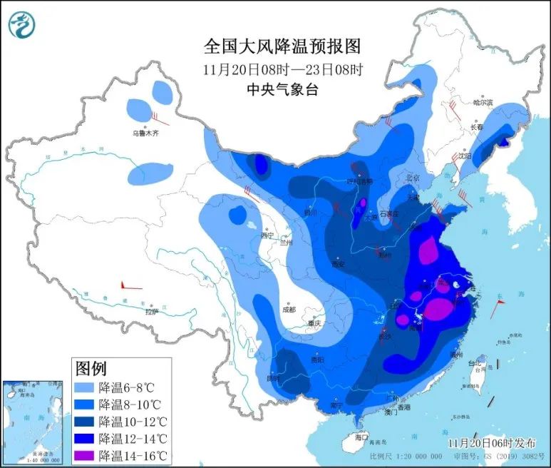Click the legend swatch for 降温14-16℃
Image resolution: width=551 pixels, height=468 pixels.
click(86, 455)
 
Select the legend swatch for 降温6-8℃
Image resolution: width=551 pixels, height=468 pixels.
click(86, 388)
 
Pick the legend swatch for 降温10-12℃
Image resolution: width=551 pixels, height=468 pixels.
click(86, 422)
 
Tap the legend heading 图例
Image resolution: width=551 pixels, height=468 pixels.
click(91, 369)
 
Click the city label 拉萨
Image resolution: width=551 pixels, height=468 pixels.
click(151, 311)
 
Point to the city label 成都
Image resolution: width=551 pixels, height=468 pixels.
click(288, 310)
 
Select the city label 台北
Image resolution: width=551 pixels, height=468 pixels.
click(474, 364)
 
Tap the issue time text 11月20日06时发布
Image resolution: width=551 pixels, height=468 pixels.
click(493, 443)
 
